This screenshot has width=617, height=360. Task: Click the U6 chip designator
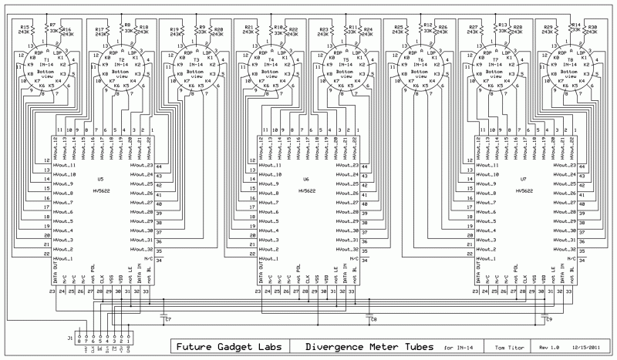pos(306,179)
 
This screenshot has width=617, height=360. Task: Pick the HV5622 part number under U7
pos(524,189)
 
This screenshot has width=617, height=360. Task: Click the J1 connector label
pos(70,337)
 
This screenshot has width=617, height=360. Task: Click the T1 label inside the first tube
pos(47,59)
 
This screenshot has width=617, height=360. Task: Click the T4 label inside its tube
pos(271,59)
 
